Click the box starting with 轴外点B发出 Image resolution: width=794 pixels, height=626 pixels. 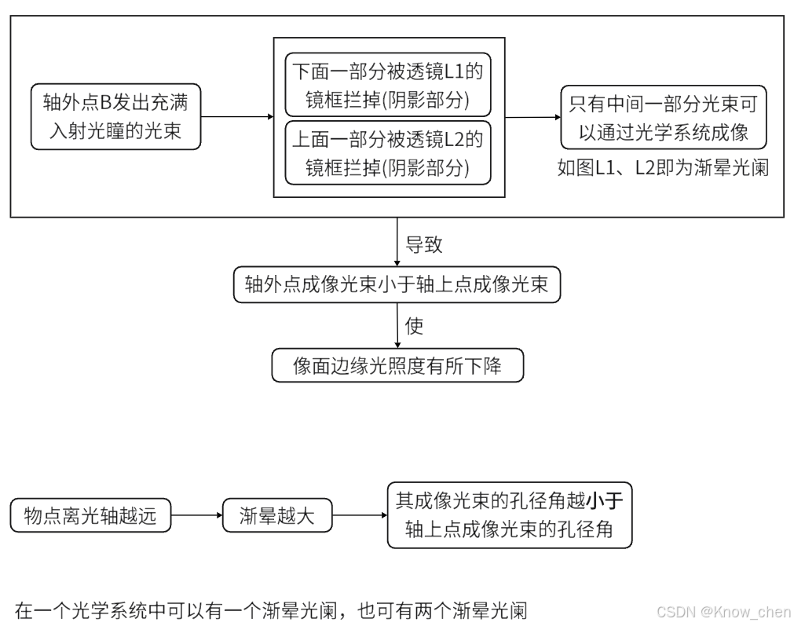click(x=115, y=116)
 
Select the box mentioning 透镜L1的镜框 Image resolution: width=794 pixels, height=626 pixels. click(x=387, y=86)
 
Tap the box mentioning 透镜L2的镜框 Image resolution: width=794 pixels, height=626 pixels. click(x=387, y=152)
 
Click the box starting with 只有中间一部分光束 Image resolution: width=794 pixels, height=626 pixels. click(x=663, y=117)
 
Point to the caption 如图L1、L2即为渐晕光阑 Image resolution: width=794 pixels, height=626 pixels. click(x=662, y=168)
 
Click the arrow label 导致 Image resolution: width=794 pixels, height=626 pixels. click(x=423, y=244)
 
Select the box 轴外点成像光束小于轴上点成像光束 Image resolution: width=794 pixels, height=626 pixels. click(x=397, y=285)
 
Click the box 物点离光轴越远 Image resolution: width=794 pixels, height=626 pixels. click(x=90, y=516)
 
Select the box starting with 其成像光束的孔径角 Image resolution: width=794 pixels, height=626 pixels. click(x=509, y=515)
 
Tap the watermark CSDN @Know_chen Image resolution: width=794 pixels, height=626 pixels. click(x=723, y=611)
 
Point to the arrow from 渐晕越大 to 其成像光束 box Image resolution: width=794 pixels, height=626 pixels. click(x=359, y=516)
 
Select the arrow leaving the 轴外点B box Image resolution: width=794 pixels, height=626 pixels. click(x=236, y=117)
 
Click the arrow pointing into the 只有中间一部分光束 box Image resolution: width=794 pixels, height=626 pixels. click(x=532, y=117)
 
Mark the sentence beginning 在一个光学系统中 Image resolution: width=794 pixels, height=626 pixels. click(x=270, y=610)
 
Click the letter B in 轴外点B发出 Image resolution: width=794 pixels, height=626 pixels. click(x=104, y=103)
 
